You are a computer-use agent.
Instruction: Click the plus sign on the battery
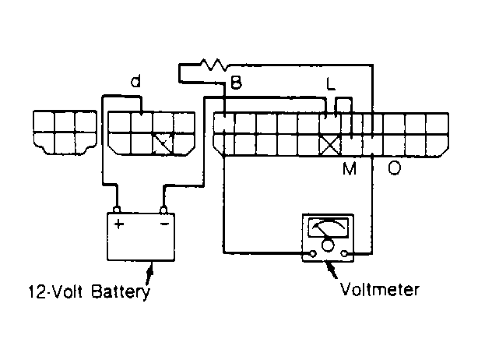(118, 224)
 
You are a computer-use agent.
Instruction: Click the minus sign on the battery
(164, 224)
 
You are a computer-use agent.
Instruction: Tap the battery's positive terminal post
(117, 210)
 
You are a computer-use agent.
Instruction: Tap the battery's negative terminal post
(163, 210)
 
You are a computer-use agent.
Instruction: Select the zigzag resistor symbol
(213, 64)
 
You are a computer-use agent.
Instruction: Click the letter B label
(236, 82)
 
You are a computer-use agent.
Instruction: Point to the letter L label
(331, 83)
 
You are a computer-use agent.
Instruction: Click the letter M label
(350, 168)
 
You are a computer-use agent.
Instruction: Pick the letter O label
(394, 168)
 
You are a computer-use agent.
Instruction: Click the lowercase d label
(135, 81)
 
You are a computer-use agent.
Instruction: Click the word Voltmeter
(380, 289)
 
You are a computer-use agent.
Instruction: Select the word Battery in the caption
(121, 291)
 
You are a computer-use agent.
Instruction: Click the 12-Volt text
(55, 291)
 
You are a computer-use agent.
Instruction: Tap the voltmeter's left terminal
(313, 253)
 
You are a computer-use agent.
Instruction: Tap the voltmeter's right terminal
(344, 253)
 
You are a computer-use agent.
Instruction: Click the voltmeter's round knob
(328, 245)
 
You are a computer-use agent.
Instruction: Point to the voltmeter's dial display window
(328, 227)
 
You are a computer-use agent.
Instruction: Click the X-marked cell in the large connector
(330, 145)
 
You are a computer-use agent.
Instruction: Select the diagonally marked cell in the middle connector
(163, 143)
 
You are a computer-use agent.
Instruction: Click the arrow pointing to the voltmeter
(332, 270)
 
